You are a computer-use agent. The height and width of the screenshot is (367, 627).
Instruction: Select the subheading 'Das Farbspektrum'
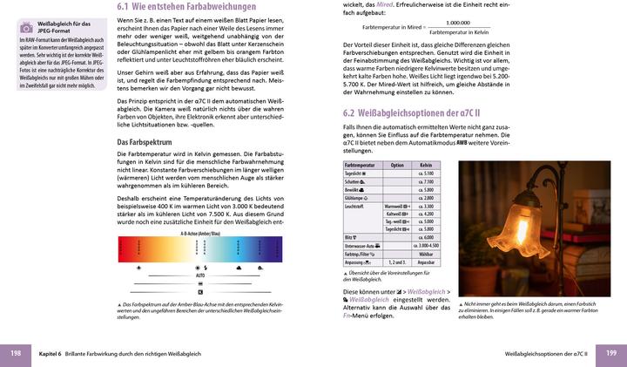point(144,140)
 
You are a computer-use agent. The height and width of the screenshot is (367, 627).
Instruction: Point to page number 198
point(16,353)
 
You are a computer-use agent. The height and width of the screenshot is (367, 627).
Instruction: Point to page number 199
point(611,353)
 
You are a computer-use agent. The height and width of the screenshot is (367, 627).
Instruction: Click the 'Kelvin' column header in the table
point(426,165)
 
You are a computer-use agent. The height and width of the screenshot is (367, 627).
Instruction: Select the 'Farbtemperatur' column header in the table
point(360,165)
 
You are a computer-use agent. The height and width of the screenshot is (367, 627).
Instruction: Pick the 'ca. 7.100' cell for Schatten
point(426,181)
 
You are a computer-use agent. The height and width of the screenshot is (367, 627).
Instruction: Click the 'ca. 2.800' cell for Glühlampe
point(426,198)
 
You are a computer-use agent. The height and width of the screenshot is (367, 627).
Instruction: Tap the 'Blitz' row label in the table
point(351,237)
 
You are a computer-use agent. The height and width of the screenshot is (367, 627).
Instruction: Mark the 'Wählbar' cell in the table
point(426,254)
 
